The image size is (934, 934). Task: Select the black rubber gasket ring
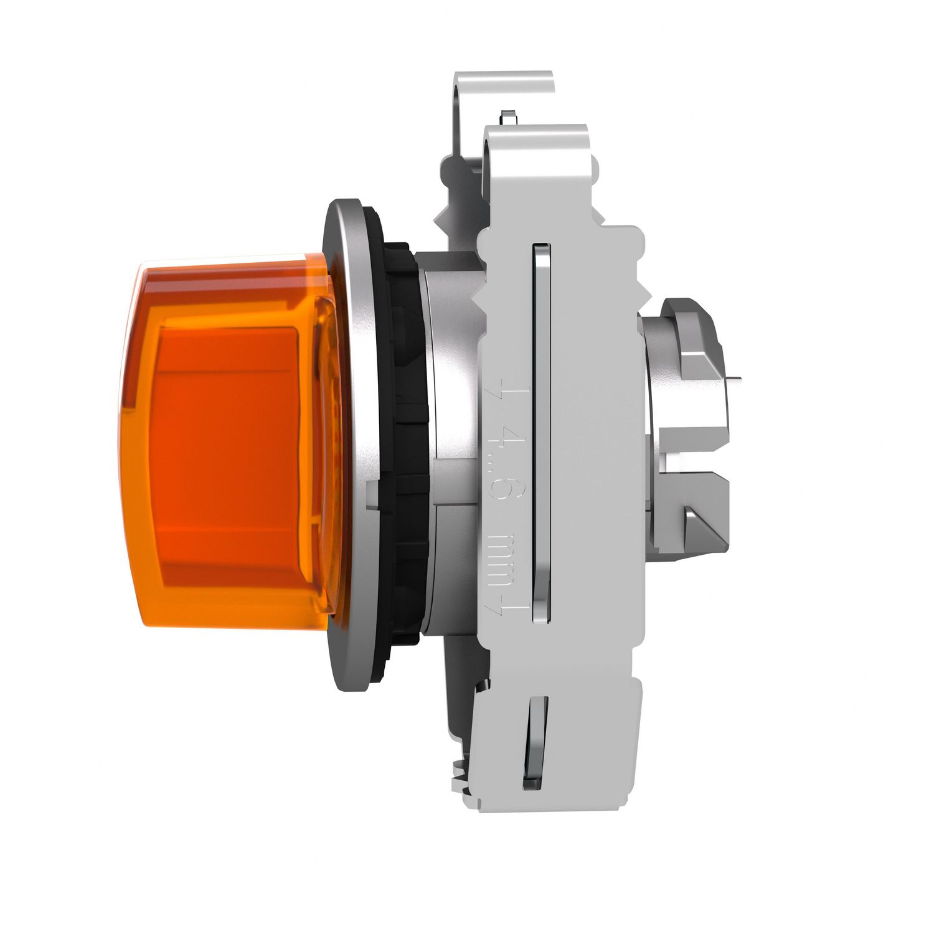pos(408,448)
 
